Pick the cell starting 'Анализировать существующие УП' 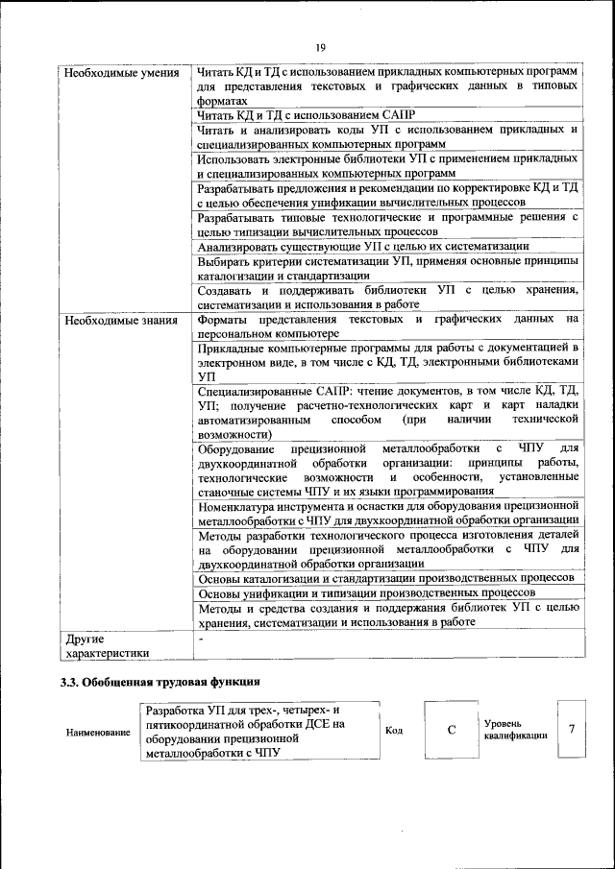[x=363, y=247]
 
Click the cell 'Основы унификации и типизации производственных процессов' [x=365, y=593]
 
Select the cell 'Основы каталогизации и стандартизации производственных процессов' [x=385, y=578]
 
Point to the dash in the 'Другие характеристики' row [x=200, y=638]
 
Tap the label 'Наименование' [x=98, y=733]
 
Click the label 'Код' [x=393, y=730]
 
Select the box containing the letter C [x=451, y=730]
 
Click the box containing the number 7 [x=572, y=729]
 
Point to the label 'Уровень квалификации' [x=516, y=729]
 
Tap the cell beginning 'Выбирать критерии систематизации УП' [x=387, y=268]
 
